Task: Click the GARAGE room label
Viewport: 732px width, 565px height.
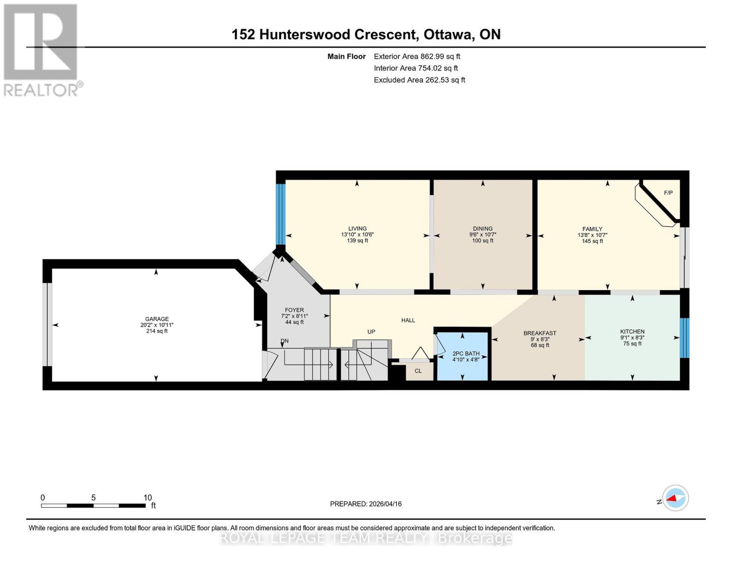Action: tap(156, 319)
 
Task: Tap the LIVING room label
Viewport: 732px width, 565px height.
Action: tap(357, 228)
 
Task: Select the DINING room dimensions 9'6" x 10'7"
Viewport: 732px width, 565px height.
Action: tap(483, 234)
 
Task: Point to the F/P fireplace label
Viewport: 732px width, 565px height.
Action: tap(668, 193)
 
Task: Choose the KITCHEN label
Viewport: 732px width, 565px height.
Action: tap(632, 331)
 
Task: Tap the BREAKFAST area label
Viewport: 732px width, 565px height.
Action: tap(540, 333)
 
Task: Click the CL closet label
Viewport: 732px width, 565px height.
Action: tap(418, 371)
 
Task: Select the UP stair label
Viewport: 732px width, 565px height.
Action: tap(371, 331)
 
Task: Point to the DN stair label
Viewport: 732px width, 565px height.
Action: tap(284, 341)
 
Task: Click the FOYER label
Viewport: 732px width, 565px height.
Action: tap(294, 310)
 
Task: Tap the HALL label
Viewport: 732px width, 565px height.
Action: tap(408, 320)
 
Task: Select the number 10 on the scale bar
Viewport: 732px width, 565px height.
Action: tap(148, 498)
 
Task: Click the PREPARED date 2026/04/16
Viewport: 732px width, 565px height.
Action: tap(366, 504)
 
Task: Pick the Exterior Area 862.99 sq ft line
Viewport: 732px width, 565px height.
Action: tap(417, 56)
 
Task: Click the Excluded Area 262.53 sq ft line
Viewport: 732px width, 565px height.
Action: tap(419, 80)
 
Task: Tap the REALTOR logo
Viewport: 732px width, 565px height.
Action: tap(41, 50)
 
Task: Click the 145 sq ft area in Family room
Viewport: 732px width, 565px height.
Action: tap(592, 241)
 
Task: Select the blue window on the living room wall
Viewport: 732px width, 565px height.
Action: tap(280, 214)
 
